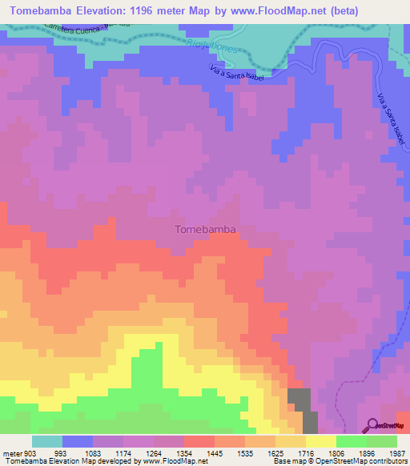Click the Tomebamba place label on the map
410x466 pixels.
205,229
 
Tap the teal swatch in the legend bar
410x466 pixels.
46,441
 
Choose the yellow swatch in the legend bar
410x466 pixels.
320,441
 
